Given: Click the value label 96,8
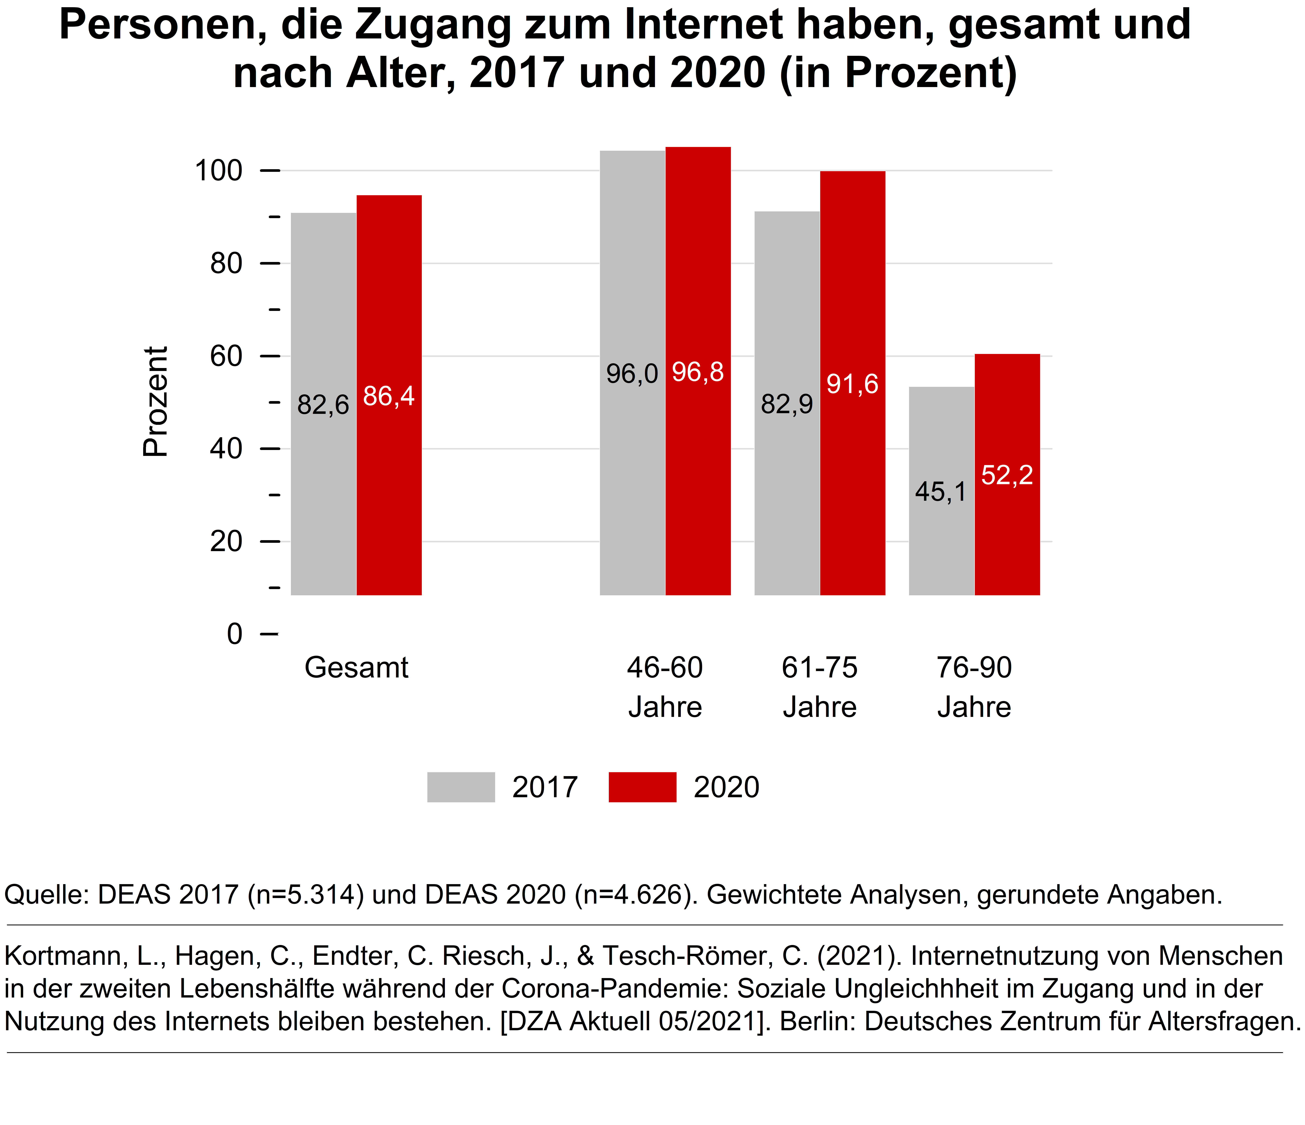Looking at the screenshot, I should pyautogui.click(x=698, y=372).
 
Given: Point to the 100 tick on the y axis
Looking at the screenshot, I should pyautogui.click(x=219, y=171).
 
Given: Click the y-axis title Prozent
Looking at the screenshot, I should pyautogui.click(x=155, y=401).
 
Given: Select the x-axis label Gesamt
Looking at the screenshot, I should pyautogui.click(x=357, y=668).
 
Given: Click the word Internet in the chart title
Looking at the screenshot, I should pyautogui.click(x=704, y=25).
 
